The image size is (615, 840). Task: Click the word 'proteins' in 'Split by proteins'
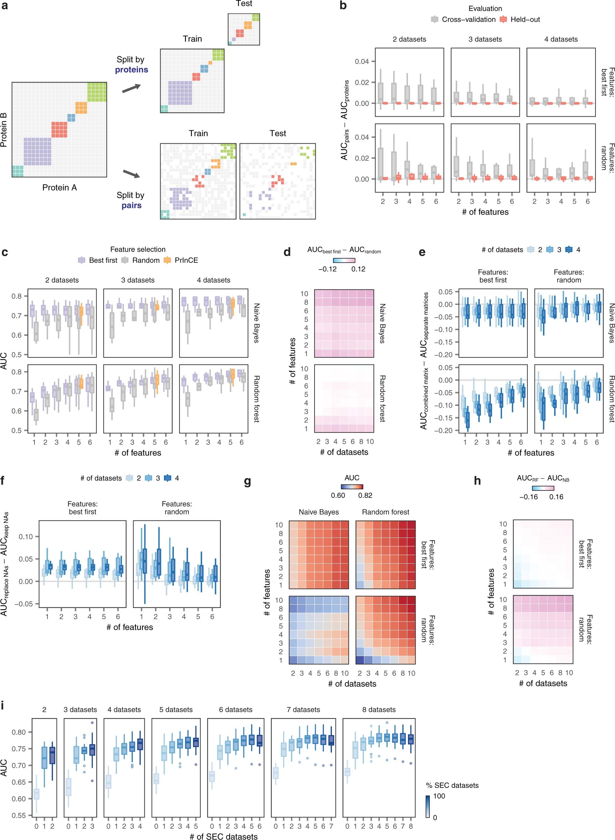click(x=131, y=69)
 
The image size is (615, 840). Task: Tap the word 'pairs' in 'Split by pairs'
click(x=131, y=205)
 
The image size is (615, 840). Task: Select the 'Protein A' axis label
click(x=60, y=187)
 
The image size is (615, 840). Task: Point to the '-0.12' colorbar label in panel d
click(x=327, y=269)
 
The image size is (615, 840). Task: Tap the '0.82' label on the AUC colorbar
click(x=365, y=495)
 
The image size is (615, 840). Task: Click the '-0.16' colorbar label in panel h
click(x=528, y=497)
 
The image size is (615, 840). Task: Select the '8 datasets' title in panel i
click(x=379, y=709)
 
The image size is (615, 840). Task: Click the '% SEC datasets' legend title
click(x=452, y=785)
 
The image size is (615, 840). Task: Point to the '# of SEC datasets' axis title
click(x=223, y=836)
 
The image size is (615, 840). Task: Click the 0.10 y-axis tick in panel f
click(x=26, y=536)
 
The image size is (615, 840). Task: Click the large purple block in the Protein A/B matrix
click(x=37, y=151)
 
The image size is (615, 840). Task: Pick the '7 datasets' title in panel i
click(x=303, y=709)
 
